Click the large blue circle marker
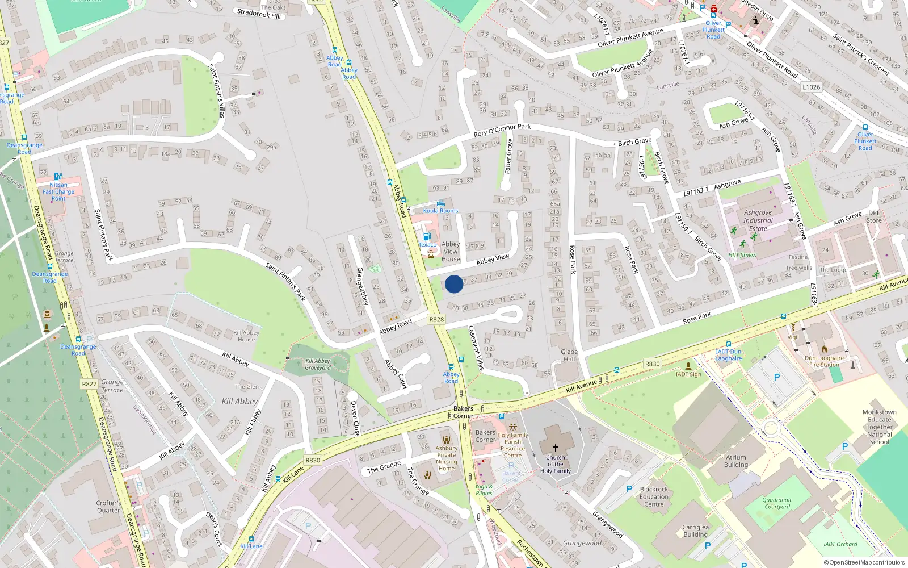pyautogui.click(x=454, y=284)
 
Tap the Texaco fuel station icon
pyautogui.click(x=427, y=236)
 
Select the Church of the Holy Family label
pyautogui.click(x=555, y=464)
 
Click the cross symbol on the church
pyautogui.click(x=555, y=448)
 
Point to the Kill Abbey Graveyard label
pyautogui.click(x=318, y=364)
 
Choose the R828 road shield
pyautogui.click(x=436, y=319)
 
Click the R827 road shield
pyautogui.click(x=89, y=384)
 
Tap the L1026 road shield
pyautogui.click(x=812, y=87)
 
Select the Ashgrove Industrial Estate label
pyautogui.click(x=758, y=220)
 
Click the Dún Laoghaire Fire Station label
pyautogui.click(x=824, y=361)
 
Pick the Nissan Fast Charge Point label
pyautogui.click(x=58, y=191)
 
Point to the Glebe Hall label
pyautogui.click(x=569, y=355)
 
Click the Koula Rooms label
pyautogui.click(x=440, y=211)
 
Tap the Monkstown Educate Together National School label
pyautogui.click(x=879, y=427)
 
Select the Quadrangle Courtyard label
pyautogui.click(x=777, y=503)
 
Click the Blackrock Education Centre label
pyautogui.click(x=654, y=496)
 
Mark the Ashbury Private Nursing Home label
pyautogui.click(x=447, y=458)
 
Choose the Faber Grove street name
pyautogui.click(x=509, y=156)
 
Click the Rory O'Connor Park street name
pyautogui.click(x=502, y=130)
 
